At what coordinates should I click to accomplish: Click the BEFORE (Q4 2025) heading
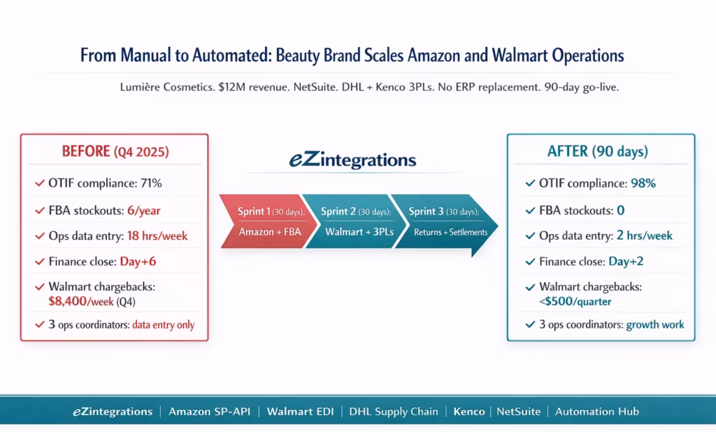pyautogui.click(x=114, y=152)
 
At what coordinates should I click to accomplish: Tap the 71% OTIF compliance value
pyautogui.click(x=152, y=184)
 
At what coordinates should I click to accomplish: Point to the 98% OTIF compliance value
pyautogui.click(x=643, y=184)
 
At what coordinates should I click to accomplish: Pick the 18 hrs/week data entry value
pyautogui.click(x=157, y=236)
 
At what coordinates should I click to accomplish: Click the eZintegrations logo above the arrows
pyautogui.click(x=352, y=161)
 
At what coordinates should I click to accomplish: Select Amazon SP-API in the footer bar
pyautogui.click(x=210, y=412)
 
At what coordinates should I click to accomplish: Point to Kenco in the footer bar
pyautogui.click(x=468, y=412)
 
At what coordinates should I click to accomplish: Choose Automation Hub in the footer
pyautogui.click(x=596, y=412)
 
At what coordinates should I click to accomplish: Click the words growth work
pyautogui.click(x=654, y=325)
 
